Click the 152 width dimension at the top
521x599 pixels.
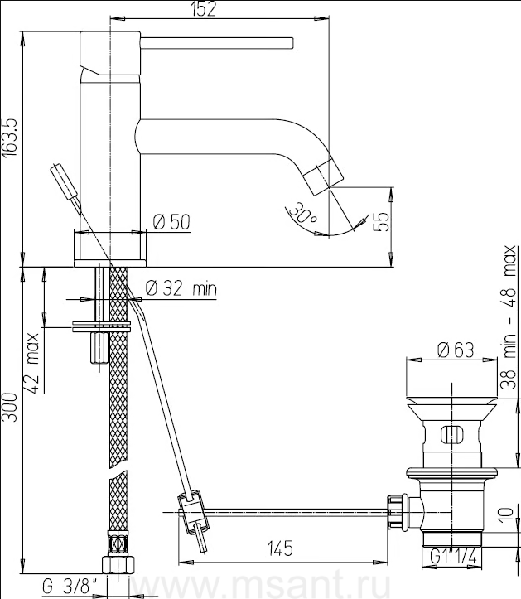[204, 9]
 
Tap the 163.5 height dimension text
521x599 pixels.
[10, 137]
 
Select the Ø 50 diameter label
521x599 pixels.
[171, 222]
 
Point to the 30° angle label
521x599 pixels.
[302, 213]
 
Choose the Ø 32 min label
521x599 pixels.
[181, 288]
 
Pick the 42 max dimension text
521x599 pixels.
[32, 363]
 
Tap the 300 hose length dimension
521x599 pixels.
[9, 407]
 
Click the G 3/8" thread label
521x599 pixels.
[70, 586]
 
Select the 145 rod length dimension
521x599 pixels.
[280, 548]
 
